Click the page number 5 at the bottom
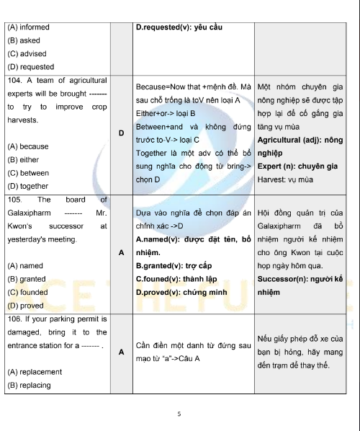coord(179,414)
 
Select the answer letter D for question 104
coord(121,133)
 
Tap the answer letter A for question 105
coord(121,252)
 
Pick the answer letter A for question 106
coord(121,352)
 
